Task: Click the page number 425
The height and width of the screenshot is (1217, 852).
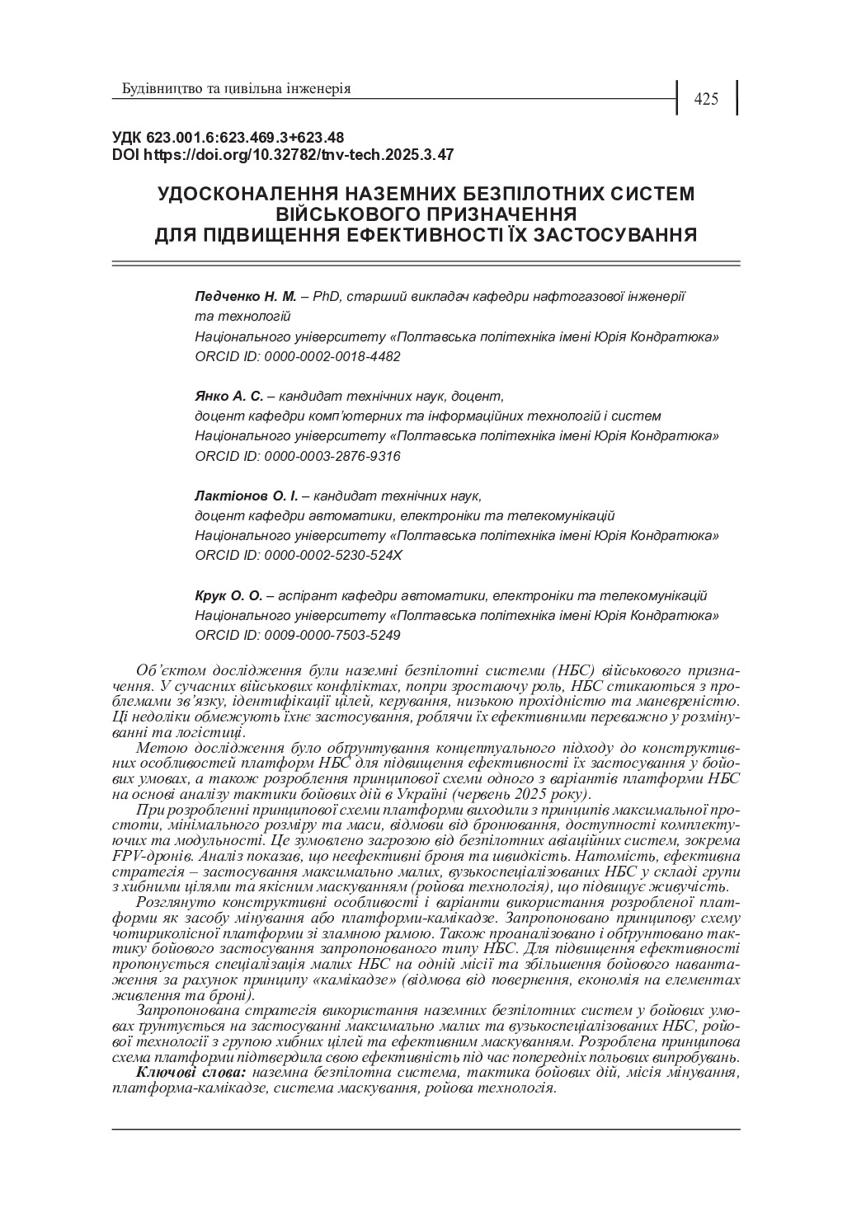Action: (x=706, y=100)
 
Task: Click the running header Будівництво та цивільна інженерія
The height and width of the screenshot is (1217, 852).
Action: (x=236, y=88)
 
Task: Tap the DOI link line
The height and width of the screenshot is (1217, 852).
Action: (x=282, y=154)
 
